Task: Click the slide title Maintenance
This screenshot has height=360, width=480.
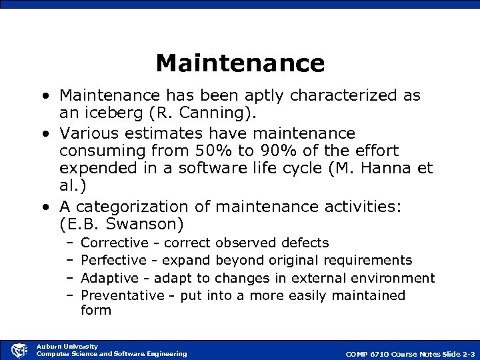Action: pos(240,63)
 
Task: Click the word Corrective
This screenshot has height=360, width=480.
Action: pos(114,243)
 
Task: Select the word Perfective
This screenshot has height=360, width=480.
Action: pos(113,260)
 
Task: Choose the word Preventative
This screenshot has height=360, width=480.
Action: pos(122,295)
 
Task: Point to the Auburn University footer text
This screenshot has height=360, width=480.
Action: pos(67,346)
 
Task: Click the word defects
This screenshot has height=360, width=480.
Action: pos(305,243)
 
